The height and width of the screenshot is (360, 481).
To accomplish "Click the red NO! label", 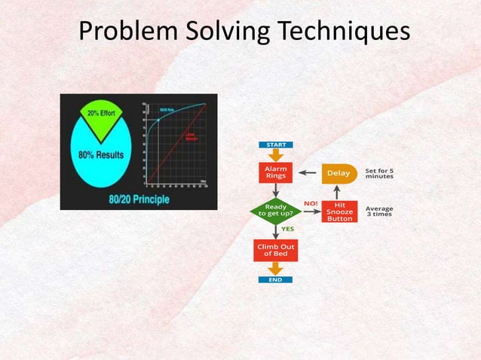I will (x=310, y=203).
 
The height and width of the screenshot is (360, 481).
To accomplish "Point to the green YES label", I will (x=287, y=227).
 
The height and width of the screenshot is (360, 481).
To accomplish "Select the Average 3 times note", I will (x=379, y=211).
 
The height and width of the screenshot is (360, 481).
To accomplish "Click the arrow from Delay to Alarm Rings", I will (x=307, y=172).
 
